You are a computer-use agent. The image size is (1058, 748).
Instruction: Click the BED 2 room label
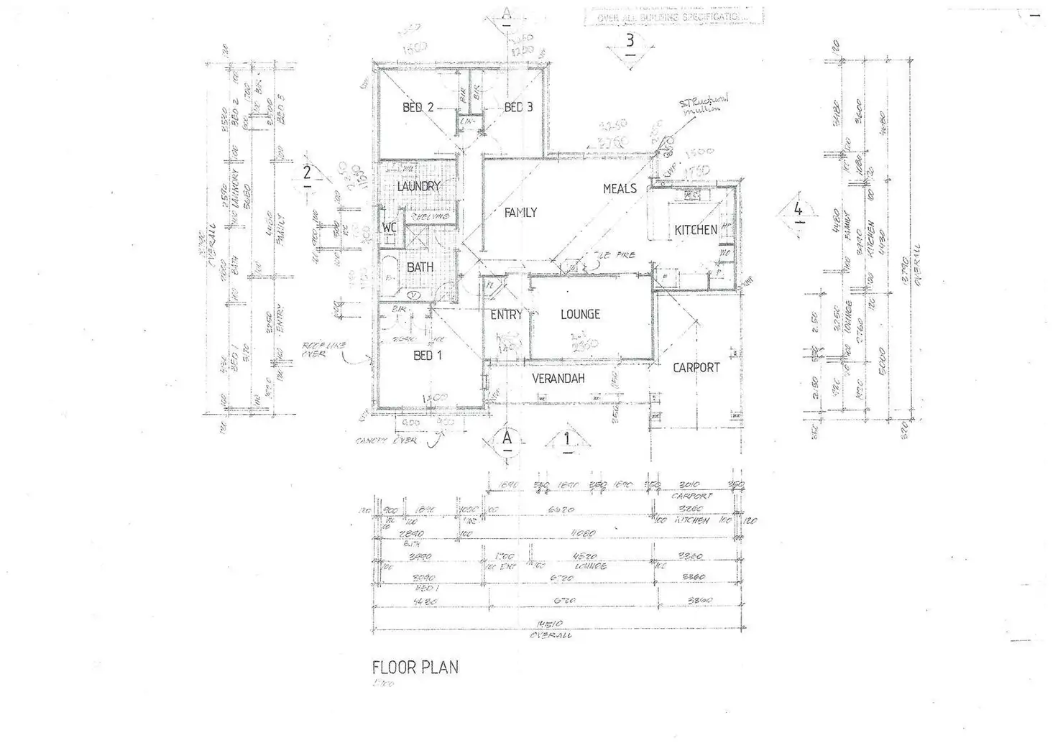tap(418, 108)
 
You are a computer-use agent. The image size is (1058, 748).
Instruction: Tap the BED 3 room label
tap(518, 108)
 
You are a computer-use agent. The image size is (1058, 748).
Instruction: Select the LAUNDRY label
tap(418, 187)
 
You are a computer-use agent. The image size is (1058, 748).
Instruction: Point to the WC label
tap(390, 228)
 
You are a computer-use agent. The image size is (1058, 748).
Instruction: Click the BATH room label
tap(420, 267)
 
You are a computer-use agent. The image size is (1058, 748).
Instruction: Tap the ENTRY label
tap(506, 315)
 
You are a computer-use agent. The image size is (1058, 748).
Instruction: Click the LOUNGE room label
tap(580, 314)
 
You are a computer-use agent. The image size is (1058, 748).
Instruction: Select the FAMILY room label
tap(520, 213)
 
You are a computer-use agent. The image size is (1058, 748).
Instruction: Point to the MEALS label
tap(620, 188)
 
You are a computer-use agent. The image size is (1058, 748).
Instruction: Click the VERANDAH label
tap(558, 378)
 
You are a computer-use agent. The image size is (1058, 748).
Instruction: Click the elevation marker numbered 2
tap(307, 173)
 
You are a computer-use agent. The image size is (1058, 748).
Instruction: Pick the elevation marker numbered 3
tap(630, 41)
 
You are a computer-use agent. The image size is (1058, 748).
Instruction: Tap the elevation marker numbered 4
tap(798, 210)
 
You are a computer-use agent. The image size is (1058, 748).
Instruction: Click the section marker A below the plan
tap(507, 438)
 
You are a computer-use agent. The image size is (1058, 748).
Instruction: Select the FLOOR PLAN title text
tap(415, 668)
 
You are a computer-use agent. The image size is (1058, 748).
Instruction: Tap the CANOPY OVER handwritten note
tap(385, 440)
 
